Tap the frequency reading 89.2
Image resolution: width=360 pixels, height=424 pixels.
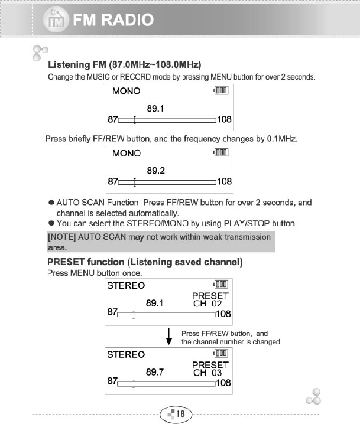pyautogui.click(x=155, y=170)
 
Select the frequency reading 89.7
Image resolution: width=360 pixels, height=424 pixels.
pyautogui.click(x=155, y=373)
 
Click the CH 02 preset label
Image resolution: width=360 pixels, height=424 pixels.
pyautogui.click(x=207, y=304)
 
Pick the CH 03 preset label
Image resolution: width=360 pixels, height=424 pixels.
pyautogui.click(x=207, y=373)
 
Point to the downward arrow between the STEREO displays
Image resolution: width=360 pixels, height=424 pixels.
pyautogui.click(x=170, y=337)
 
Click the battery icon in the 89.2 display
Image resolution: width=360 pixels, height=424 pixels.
pyautogui.click(x=221, y=153)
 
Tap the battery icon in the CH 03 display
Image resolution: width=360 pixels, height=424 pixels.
pyautogui.click(x=221, y=353)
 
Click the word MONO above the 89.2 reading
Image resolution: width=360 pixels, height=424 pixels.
pyautogui.click(x=126, y=154)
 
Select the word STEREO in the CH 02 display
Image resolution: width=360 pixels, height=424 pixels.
pyautogui.click(x=125, y=286)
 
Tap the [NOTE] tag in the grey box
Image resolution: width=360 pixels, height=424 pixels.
pyautogui.click(x=61, y=237)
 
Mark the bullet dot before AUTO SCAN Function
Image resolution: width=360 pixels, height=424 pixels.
pyautogui.click(x=51, y=203)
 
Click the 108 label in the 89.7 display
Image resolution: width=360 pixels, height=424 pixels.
pyautogui.click(x=223, y=383)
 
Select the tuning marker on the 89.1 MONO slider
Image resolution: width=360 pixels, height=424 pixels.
pyautogui.click(x=135, y=120)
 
